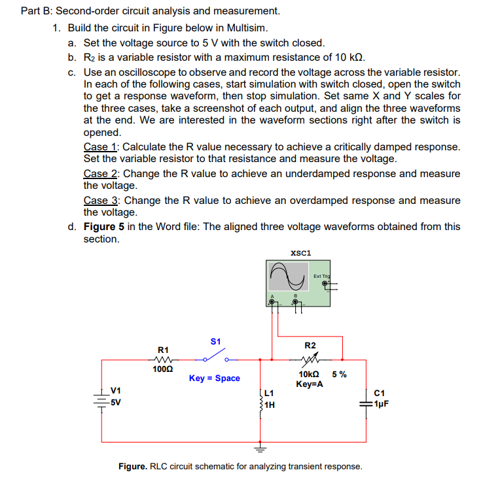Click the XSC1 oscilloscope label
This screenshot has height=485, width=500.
(300, 252)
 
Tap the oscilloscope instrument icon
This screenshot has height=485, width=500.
(298, 283)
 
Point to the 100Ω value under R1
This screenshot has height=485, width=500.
(162, 369)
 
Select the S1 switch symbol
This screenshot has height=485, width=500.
(214, 357)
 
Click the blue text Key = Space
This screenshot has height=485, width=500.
(214, 378)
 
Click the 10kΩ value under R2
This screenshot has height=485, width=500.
(309, 375)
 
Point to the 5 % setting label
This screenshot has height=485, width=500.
(340, 375)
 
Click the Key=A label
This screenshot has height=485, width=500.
(309, 384)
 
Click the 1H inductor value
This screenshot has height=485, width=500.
(270, 404)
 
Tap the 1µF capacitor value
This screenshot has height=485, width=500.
(382, 403)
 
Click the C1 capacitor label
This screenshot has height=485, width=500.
(380, 393)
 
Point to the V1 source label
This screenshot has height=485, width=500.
(115, 392)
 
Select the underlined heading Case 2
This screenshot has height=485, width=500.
(101, 174)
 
